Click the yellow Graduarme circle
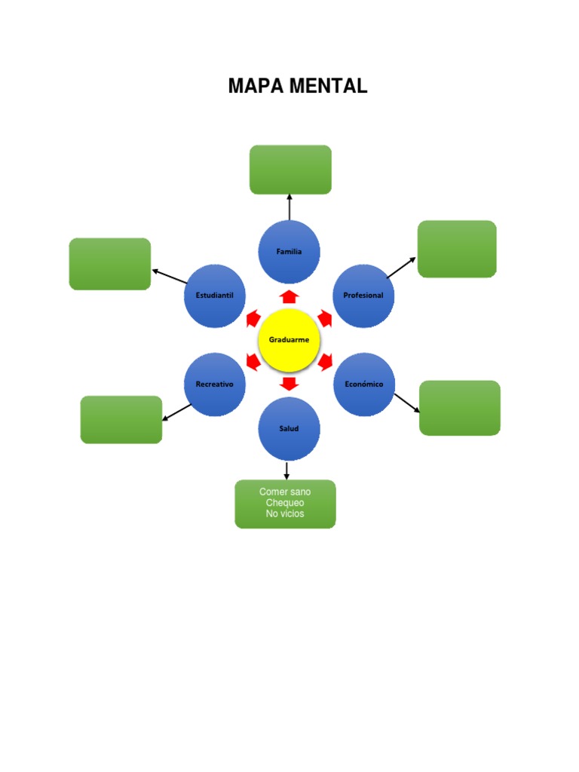289,340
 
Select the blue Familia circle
289,252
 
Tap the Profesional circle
363,296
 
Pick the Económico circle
364,384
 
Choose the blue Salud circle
289,428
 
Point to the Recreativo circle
215,384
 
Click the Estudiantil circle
215,296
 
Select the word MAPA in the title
256,87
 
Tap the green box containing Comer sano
285,504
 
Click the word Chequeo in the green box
285,503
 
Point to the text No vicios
285,514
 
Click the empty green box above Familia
290,170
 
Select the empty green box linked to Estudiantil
110,264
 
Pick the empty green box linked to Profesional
457,249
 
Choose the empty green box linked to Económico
460,408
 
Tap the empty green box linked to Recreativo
121,419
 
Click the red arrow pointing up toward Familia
289,296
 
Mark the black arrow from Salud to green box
286,470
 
